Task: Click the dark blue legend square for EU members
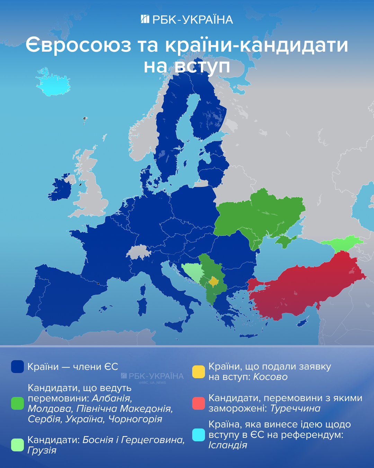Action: (17, 366)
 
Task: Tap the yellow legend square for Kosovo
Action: (198, 372)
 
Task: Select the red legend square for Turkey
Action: (198, 403)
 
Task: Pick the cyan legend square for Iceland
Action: (198, 435)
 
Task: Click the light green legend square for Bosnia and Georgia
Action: (17, 445)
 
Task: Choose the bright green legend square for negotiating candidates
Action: (17, 403)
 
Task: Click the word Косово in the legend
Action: (270, 377)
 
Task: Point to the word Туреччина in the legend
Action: (295, 409)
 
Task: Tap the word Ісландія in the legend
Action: (228, 445)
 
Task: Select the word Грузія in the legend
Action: (42, 450)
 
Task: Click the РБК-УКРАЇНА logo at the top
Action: (187, 19)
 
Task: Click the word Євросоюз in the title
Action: (78, 45)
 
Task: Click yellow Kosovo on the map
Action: (214, 281)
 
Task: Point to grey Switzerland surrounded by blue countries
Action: (139, 252)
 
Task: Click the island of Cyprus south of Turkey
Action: (302, 323)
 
